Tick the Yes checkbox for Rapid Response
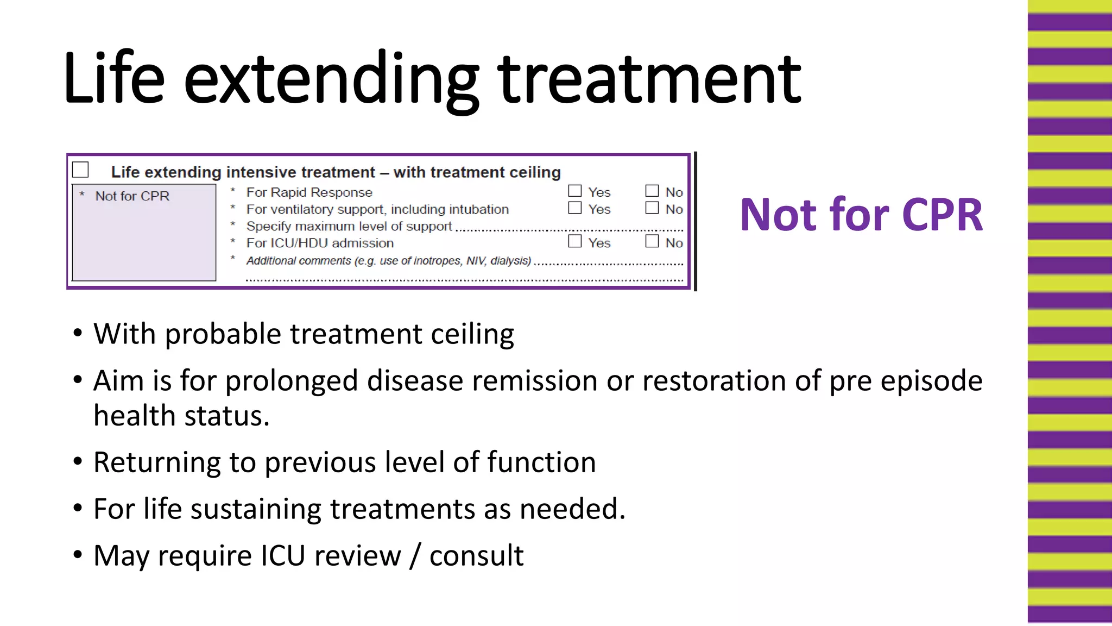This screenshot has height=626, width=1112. click(x=574, y=191)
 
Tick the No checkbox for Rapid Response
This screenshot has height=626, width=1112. click(x=652, y=191)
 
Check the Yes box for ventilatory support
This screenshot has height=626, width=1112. click(x=574, y=208)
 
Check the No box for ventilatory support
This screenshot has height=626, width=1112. click(x=652, y=208)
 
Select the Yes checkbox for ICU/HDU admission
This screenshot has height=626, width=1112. click(x=574, y=241)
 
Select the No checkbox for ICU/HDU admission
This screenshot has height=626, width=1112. click(x=652, y=241)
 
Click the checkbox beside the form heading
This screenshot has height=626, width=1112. click(x=80, y=170)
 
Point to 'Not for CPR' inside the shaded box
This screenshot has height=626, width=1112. click(x=132, y=196)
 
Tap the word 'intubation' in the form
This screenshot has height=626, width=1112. click(x=481, y=209)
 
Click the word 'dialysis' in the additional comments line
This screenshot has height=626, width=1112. click(x=510, y=261)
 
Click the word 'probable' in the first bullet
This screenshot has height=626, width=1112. click(x=223, y=334)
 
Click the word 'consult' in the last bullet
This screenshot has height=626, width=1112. click(x=476, y=556)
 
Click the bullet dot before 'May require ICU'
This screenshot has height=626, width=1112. click(x=78, y=555)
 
